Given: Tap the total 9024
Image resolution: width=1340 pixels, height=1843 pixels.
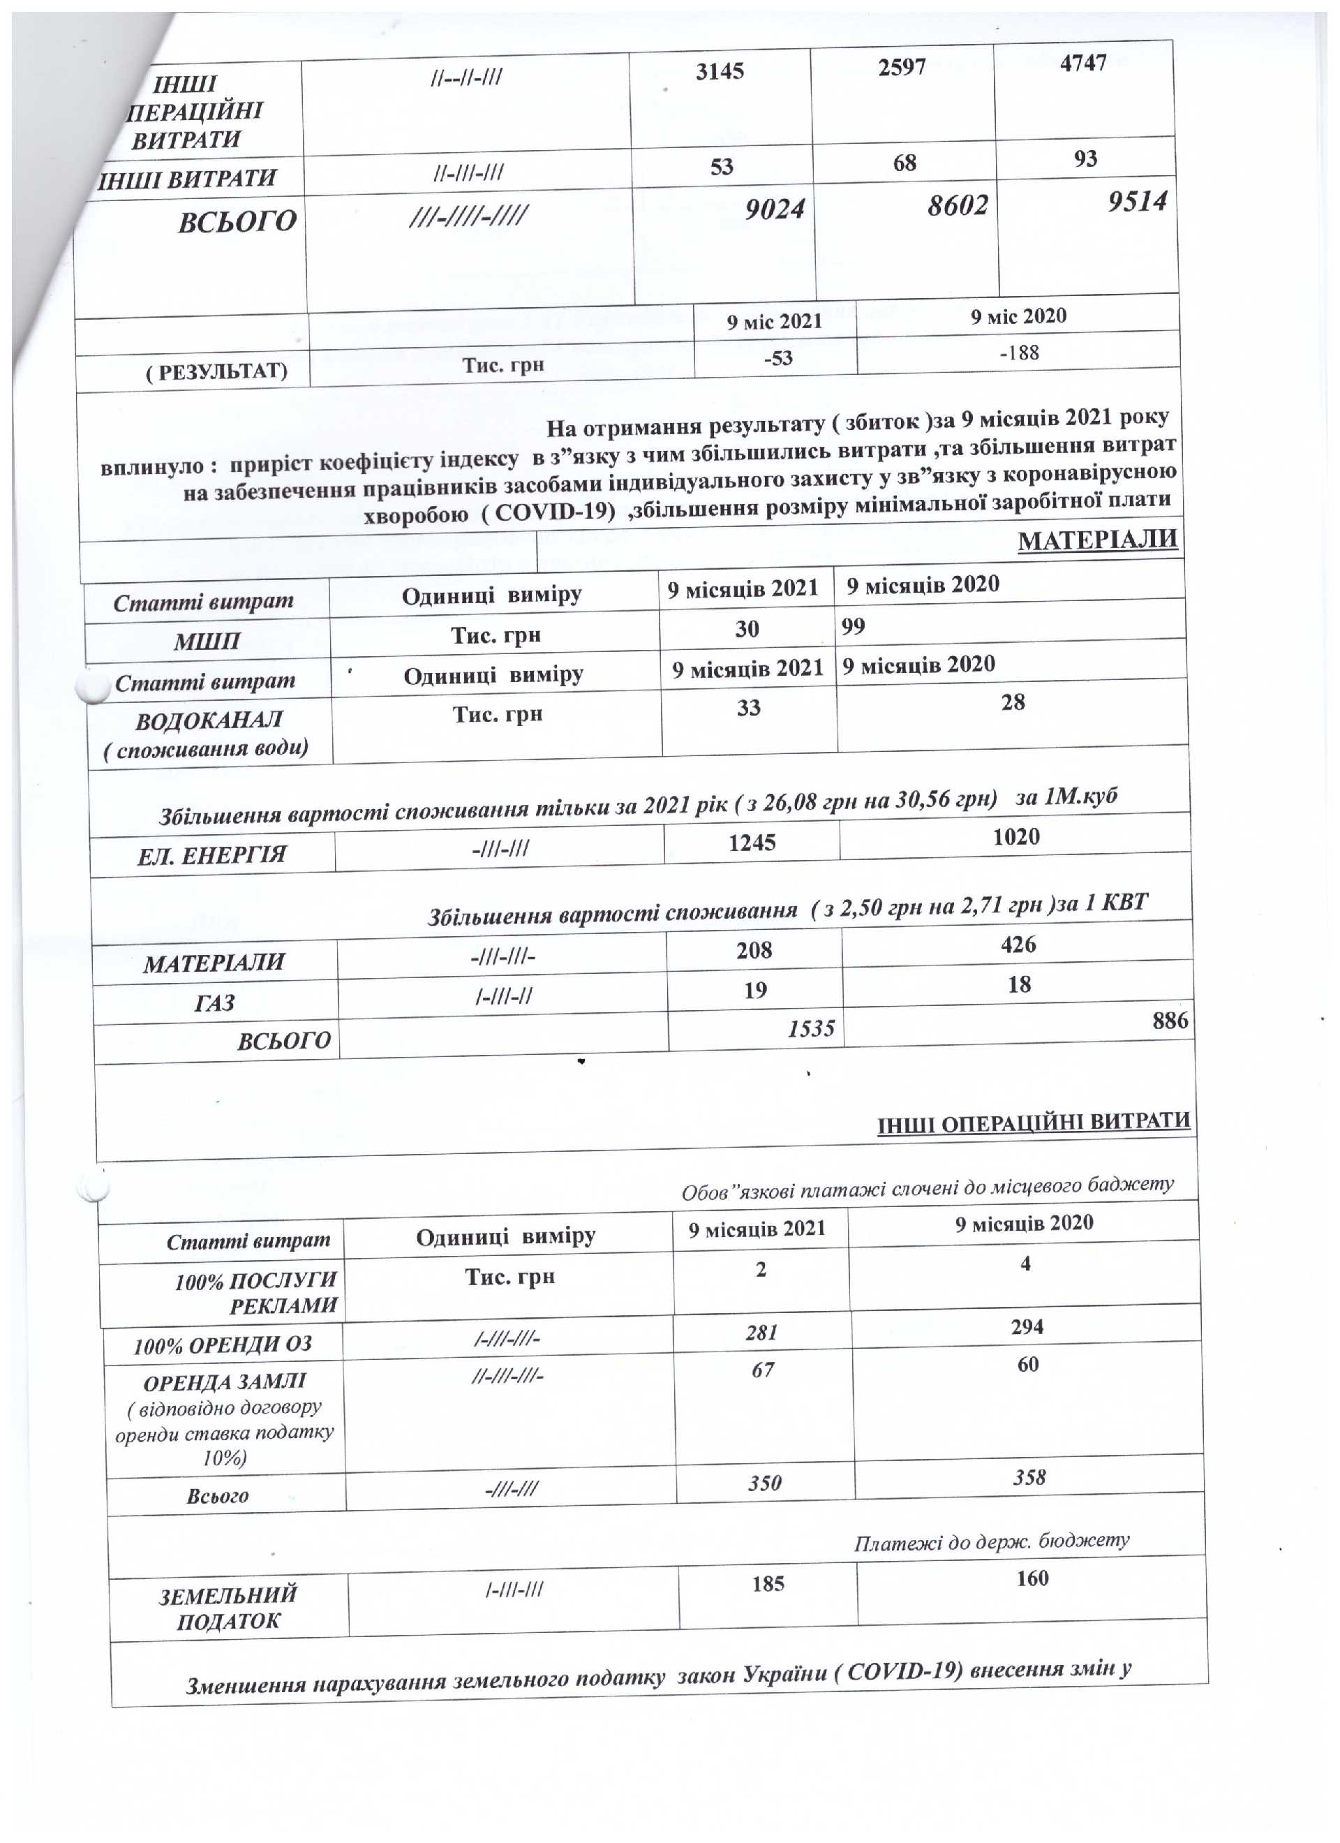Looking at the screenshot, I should (775, 209).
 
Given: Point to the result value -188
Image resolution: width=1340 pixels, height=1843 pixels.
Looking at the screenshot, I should (1019, 353).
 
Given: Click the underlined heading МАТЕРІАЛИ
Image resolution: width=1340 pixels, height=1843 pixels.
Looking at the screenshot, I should (1097, 540).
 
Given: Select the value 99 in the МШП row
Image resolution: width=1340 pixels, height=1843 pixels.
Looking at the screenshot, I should (854, 626).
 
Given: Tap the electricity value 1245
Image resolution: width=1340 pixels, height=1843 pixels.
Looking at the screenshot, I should (752, 843).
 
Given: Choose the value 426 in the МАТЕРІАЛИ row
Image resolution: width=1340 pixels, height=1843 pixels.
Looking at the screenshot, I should (1018, 945).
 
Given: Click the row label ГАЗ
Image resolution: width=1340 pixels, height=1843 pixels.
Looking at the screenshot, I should (214, 1002).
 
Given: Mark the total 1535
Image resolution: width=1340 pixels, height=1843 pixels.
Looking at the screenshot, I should (811, 1029).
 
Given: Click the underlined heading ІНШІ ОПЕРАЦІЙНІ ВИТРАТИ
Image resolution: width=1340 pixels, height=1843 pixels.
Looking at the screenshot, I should (1034, 1124).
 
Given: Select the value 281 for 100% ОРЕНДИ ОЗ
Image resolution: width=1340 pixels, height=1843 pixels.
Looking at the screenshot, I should (761, 1333).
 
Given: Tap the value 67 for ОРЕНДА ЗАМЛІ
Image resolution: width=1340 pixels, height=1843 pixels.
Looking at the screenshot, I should (762, 1370).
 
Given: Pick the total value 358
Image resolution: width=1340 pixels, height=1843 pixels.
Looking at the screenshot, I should (1029, 1476).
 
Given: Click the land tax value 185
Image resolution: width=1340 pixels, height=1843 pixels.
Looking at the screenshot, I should (768, 1583).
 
